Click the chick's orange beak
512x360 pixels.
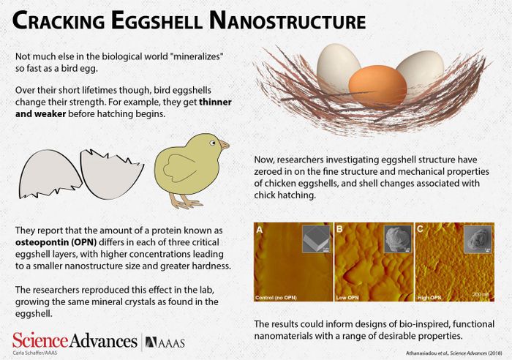(x=225, y=145)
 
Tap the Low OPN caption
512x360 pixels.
(x=350, y=298)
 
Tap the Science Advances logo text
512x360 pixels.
(x=72, y=340)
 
